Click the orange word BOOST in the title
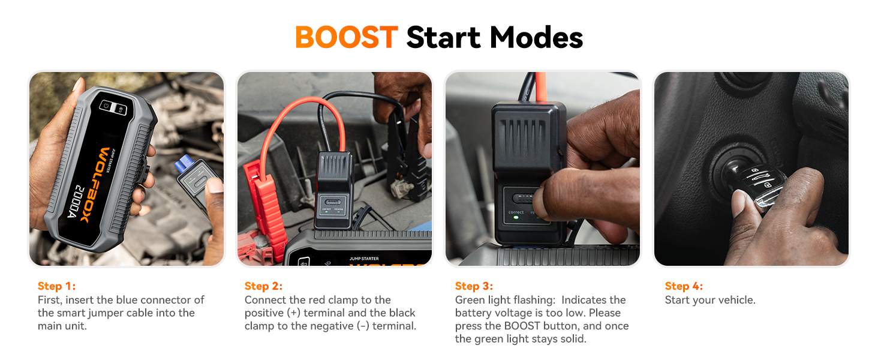pyautogui.click(x=347, y=38)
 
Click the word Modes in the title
pyautogui.click(x=536, y=38)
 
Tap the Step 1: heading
pyautogui.click(x=56, y=286)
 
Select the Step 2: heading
pyautogui.click(x=263, y=286)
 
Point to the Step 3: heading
pyautogui.click(x=474, y=286)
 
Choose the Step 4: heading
pyautogui.click(x=684, y=286)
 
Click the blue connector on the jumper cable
pyautogui.click(x=184, y=164)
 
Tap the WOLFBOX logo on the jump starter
pyautogui.click(x=94, y=184)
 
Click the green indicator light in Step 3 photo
pyautogui.click(x=516, y=218)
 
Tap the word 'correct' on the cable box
pyautogui.click(x=516, y=212)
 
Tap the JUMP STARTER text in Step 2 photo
pyautogui.click(x=364, y=259)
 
